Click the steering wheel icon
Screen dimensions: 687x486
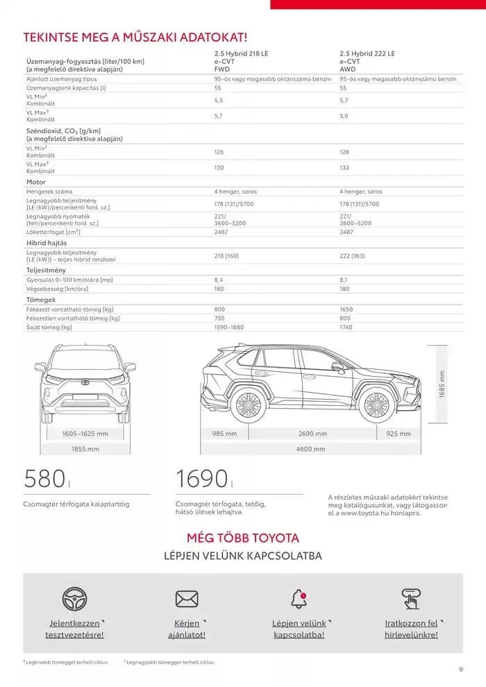coord(75,598)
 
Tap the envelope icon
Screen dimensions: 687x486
coord(187,598)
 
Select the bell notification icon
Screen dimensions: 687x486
coord(299,597)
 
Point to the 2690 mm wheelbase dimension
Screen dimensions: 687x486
coord(312,434)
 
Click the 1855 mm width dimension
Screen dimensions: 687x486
coord(85,449)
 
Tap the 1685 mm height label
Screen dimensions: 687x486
coord(442,384)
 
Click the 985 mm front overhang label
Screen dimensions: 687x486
coord(224,434)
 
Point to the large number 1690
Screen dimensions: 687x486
coord(201,480)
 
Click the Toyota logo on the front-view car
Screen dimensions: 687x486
coord(85,382)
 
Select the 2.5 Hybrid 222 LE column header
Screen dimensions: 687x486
coord(367,53)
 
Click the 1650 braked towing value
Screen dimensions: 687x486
coord(346,309)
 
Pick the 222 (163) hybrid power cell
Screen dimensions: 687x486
coord(352,256)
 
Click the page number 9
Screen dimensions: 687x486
coord(461,669)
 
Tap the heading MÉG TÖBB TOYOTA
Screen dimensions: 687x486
coord(243,538)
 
